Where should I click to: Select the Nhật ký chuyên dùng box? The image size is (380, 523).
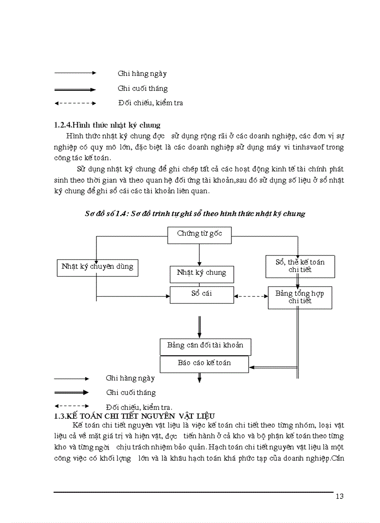click(97, 267)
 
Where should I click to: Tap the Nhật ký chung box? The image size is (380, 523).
click(201, 273)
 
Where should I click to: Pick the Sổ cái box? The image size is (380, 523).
click(201, 294)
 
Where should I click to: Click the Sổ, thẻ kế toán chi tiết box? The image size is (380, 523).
click(300, 266)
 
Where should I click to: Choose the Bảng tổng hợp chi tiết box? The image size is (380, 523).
click(299, 297)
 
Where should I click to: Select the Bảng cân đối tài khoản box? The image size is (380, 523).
click(205, 346)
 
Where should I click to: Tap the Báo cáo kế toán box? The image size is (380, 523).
click(204, 363)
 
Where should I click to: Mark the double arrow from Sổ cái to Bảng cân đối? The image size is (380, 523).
click(200, 326)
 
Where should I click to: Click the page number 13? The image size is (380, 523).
click(339, 496)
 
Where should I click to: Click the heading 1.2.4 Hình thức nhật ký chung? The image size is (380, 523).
click(107, 125)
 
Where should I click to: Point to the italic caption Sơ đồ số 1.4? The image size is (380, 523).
click(195, 214)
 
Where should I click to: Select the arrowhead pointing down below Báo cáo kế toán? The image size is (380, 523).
click(199, 380)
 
